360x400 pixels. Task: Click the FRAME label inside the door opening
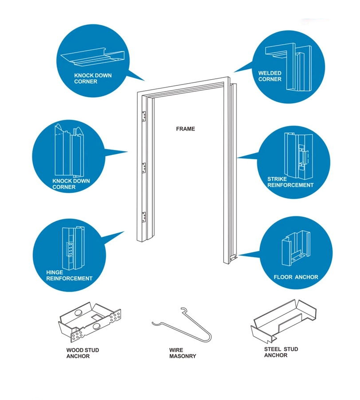[185, 129]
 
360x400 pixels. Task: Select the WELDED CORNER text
[270, 76]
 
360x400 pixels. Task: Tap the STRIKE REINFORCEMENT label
[290, 182]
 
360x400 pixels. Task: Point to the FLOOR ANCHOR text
[296, 277]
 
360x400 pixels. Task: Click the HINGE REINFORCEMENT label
[69, 275]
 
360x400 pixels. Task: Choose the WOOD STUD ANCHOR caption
[82, 353]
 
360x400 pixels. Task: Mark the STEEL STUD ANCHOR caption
[281, 352]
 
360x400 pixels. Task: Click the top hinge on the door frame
[143, 116]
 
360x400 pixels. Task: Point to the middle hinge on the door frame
[143, 167]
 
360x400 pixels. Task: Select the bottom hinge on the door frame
[143, 216]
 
